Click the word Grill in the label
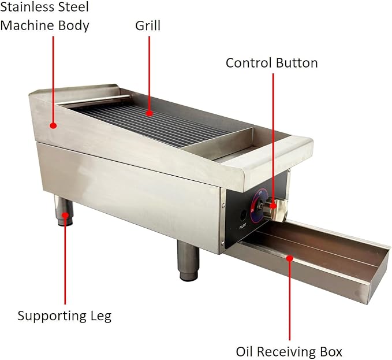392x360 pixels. (x=148, y=26)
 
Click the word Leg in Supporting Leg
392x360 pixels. (x=101, y=317)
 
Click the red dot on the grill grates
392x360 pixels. (x=150, y=113)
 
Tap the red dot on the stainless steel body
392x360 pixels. (x=53, y=125)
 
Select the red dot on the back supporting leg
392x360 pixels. (x=65, y=215)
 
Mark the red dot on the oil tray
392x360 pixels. (x=289, y=258)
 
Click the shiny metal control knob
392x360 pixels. (x=275, y=209)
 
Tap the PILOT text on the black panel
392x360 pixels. (x=242, y=226)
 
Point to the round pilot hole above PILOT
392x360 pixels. (x=242, y=215)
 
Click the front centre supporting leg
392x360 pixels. (x=189, y=261)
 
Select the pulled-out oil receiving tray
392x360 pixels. (x=308, y=260)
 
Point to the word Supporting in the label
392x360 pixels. (x=52, y=317)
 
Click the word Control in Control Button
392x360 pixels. (x=248, y=63)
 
